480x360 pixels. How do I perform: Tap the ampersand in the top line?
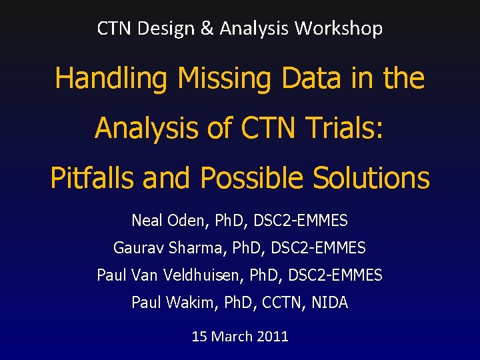tap(210, 29)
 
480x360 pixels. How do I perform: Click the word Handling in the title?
tap(111, 79)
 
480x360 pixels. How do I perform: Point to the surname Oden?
tap(182, 220)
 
